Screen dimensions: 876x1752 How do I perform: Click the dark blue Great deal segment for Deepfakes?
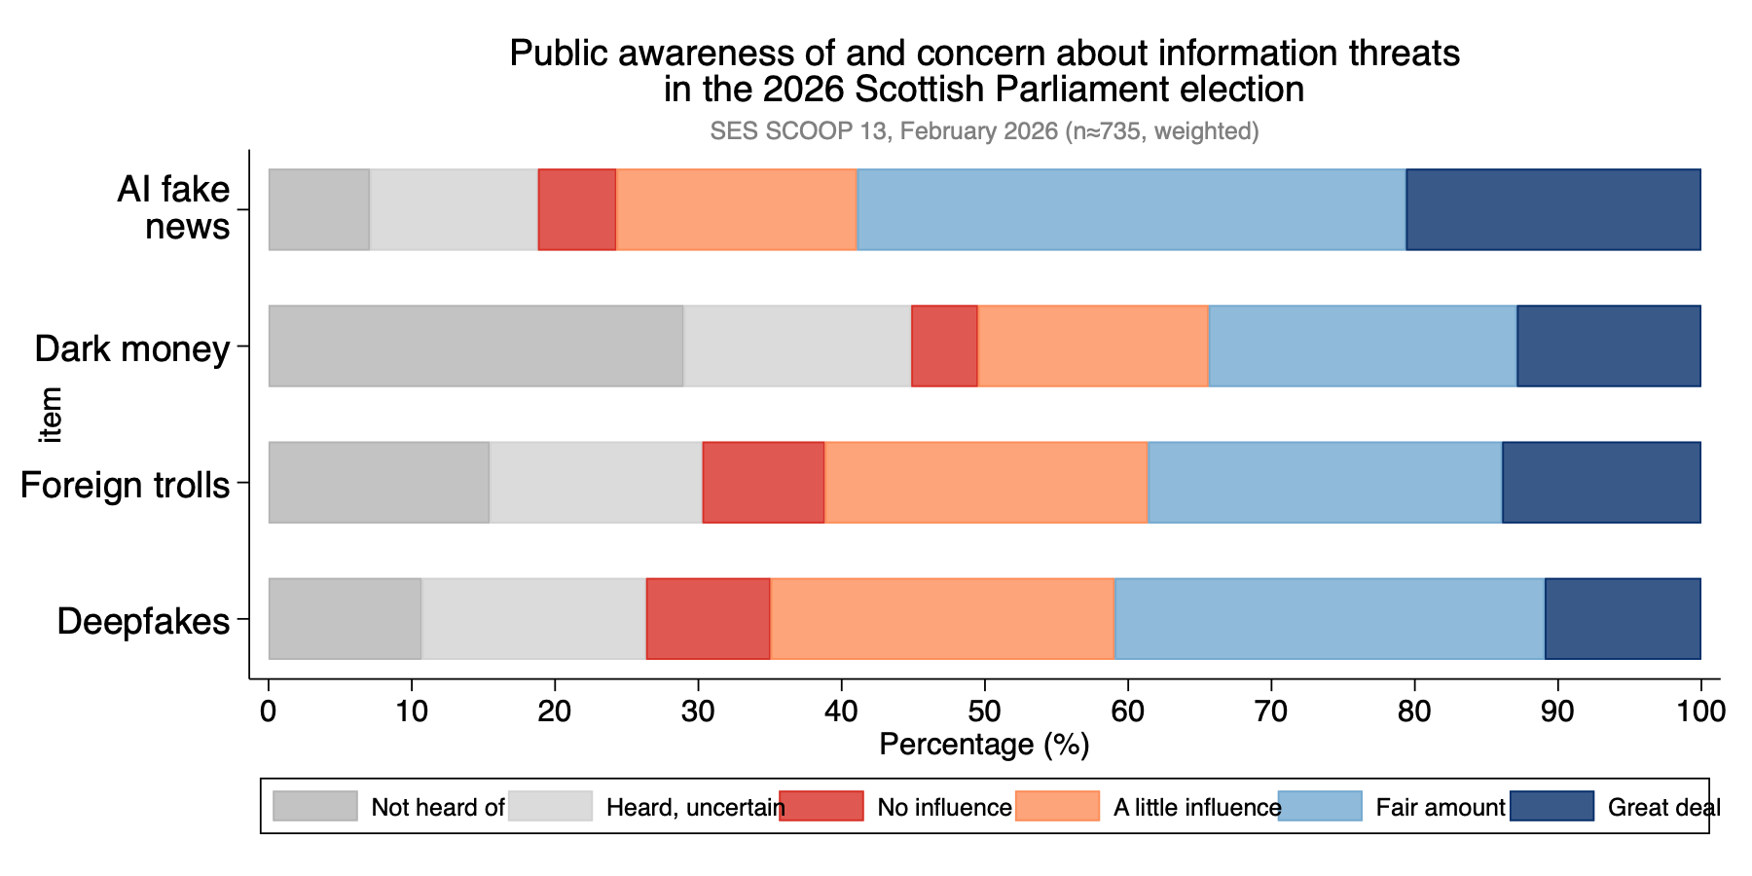pyautogui.click(x=1623, y=619)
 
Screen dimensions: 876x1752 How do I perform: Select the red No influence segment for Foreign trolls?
pyautogui.click(x=763, y=483)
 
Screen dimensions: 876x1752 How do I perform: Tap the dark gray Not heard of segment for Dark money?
pyautogui.click(x=475, y=347)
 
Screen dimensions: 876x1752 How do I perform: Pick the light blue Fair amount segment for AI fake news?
pyautogui.click(x=1131, y=210)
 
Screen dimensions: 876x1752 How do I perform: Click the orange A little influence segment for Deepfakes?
pyautogui.click(x=942, y=619)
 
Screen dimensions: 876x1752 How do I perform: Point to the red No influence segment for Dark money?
pyautogui.click(x=944, y=347)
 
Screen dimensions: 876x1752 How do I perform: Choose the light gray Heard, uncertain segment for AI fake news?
pyautogui.click(x=454, y=210)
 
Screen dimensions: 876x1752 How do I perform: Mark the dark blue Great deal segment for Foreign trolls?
pyautogui.click(x=1601, y=483)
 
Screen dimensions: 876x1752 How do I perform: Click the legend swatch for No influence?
pyautogui.click(x=821, y=806)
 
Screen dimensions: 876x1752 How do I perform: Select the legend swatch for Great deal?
pyautogui.click(x=1551, y=806)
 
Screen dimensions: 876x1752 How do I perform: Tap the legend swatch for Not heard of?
pyautogui.click(x=314, y=806)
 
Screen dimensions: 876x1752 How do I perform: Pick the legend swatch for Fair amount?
pyautogui.click(x=1319, y=806)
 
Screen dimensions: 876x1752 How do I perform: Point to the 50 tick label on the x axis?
pyautogui.click(x=984, y=712)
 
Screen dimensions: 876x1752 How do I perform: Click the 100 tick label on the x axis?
pyautogui.click(x=1700, y=712)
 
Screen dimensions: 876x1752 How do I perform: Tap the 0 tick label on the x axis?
pyautogui.click(x=269, y=712)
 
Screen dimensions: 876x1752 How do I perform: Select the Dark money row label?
pyautogui.click(x=132, y=348)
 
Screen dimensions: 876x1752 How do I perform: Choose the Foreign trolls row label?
pyautogui.click(x=125, y=485)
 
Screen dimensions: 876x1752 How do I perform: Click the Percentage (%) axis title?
pyautogui.click(x=984, y=745)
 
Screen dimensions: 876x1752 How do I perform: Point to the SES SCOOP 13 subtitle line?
pyautogui.click(x=984, y=130)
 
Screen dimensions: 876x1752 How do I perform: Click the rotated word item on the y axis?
pyautogui.click(x=51, y=415)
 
